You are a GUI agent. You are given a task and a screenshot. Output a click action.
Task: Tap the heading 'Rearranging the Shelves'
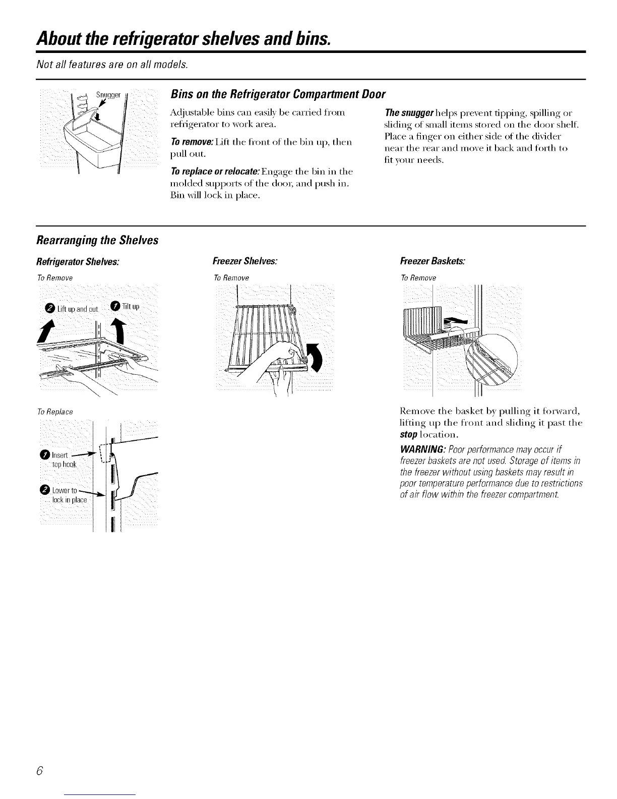[97, 240]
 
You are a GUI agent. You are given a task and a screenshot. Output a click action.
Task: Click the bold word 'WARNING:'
[421, 449]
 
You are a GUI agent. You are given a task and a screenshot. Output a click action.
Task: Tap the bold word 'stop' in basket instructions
[409, 434]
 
